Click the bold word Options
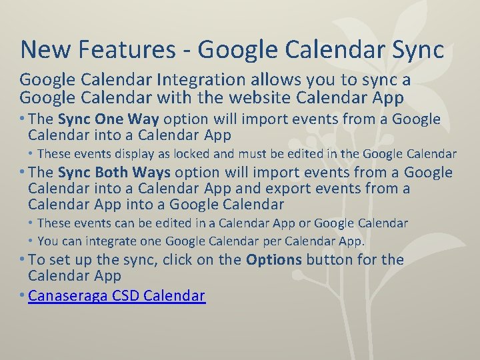point(274,259)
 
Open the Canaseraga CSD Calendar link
point(117,295)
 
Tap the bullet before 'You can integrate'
point(31,241)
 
